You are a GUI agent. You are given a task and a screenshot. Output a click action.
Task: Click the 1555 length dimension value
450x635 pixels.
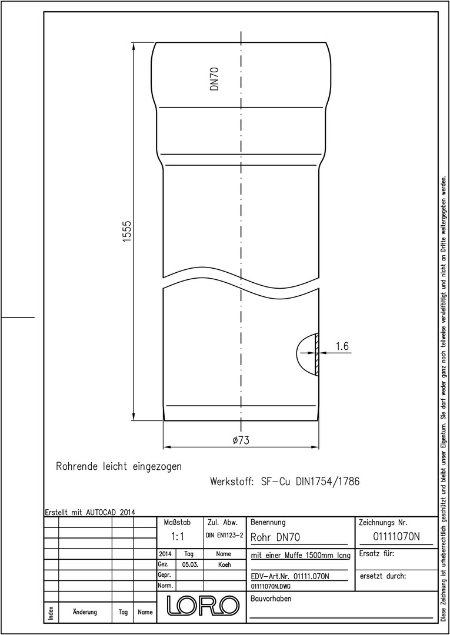pos(128,231)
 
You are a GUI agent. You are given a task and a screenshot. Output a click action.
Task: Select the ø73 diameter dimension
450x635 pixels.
pos(241,440)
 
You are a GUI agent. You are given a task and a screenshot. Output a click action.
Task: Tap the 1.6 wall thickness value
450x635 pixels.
pos(342,346)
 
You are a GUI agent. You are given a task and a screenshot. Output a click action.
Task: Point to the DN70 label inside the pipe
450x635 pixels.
pos(215,79)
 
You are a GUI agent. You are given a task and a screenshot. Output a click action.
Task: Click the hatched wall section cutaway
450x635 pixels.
pos(317,353)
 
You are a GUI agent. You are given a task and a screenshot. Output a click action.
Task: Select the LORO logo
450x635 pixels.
pos(203,604)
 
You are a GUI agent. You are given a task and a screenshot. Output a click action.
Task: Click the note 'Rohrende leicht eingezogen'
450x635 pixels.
pos(119,466)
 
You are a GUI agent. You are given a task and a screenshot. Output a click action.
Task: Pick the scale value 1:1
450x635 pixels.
pos(178,537)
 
